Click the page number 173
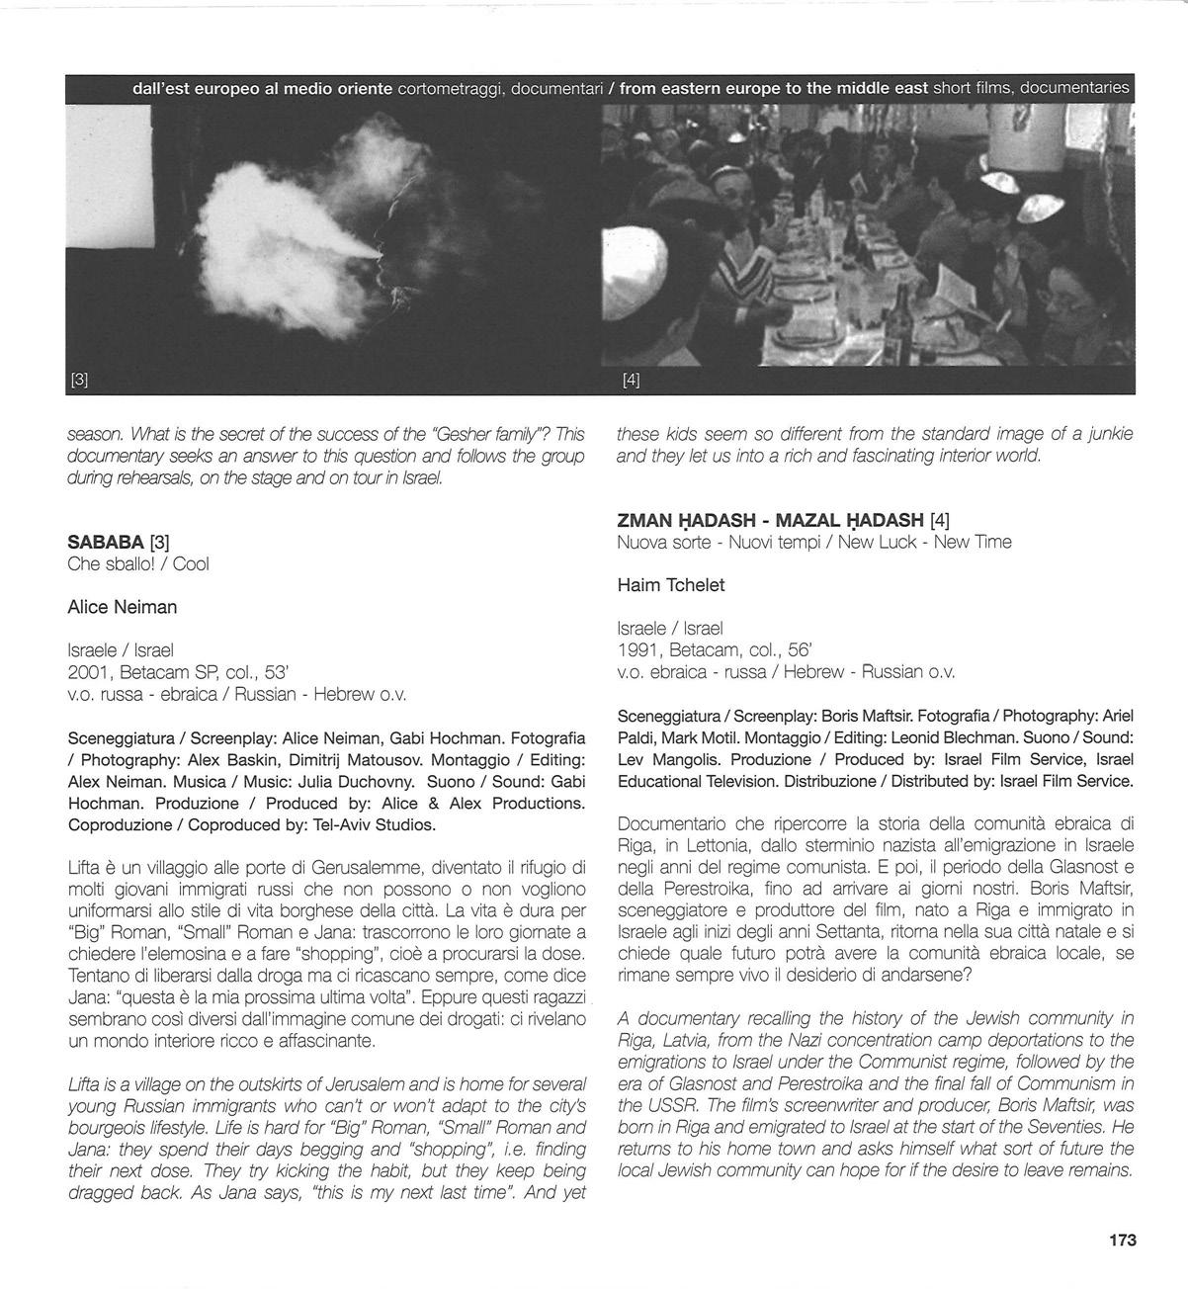coord(1122,1240)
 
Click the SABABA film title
coord(105,542)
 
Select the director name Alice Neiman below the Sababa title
coord(123,607)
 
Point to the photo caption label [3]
coord(79,380)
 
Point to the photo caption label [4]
coord(631,380)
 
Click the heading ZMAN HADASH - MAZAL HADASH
coord(770,520)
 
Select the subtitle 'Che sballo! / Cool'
coord(138,564)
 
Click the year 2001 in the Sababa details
coord(87,672)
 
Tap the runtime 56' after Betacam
coord(801,650)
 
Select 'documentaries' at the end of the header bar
coord(1074,88)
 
